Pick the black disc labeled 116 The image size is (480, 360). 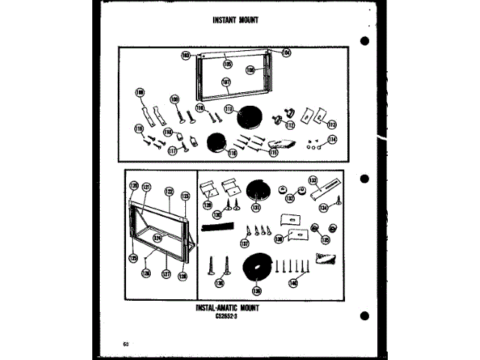217,142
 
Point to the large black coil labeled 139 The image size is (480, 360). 257,271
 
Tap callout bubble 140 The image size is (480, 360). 292,283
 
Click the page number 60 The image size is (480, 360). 125,344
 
